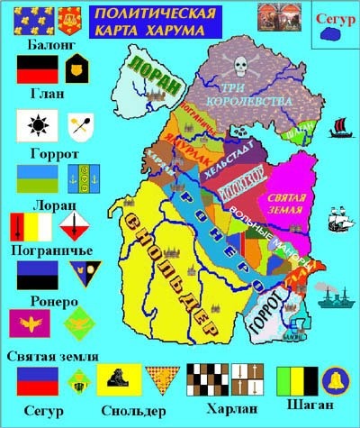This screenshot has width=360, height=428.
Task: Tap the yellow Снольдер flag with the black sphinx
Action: (118, 380)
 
